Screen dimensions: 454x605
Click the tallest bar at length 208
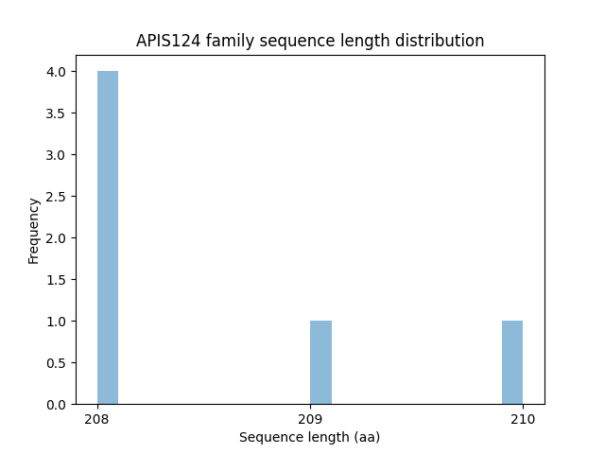click(x=108, y=237)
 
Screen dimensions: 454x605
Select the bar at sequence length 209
click(x=320, y=362)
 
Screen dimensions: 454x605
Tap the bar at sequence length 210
click(x=512, y=362)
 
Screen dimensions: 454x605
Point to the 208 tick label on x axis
click(x=97, y=419)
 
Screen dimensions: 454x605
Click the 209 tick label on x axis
click(x=310, y=419)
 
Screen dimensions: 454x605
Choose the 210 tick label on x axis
click(x=523, y=419)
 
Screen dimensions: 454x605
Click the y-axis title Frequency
click(x=34, y=230)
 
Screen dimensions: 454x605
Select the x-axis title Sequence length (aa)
click(x=309, y=437)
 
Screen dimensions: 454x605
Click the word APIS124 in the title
click(x=167, y=41)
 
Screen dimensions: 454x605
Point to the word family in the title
click(x=224, y=41)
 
